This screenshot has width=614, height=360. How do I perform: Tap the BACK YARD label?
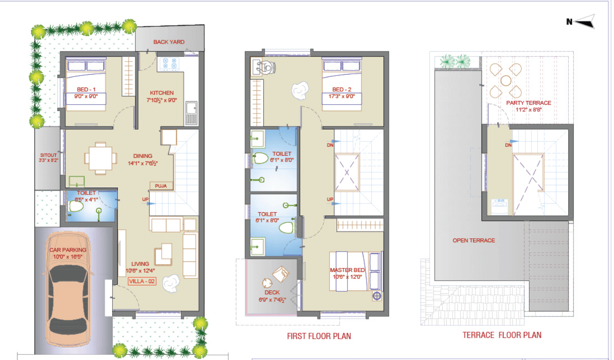169,42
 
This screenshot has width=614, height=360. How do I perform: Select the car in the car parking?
68,289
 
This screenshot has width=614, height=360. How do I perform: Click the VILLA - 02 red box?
142,281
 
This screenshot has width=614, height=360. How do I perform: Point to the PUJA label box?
161,186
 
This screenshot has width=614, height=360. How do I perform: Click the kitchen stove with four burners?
170,64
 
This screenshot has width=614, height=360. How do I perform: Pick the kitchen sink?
191,113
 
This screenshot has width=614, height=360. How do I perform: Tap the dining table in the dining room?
101,158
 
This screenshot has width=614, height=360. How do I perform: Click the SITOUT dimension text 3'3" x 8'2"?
48,160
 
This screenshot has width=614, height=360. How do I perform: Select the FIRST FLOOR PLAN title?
319,336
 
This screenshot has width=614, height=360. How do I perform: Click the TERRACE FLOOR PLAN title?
502,335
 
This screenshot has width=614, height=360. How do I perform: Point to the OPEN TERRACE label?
474,240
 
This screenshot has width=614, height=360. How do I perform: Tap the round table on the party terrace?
506,81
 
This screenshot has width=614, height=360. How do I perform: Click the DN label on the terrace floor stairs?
508,145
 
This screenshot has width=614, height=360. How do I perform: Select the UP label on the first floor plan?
330,199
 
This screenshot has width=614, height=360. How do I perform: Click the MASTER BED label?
347,270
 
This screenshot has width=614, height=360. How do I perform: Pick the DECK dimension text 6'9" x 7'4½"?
272,300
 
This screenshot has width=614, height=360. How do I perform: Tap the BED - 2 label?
342,89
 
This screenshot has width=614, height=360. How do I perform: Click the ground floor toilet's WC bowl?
76,207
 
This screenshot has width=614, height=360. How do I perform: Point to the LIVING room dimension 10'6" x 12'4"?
140,271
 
